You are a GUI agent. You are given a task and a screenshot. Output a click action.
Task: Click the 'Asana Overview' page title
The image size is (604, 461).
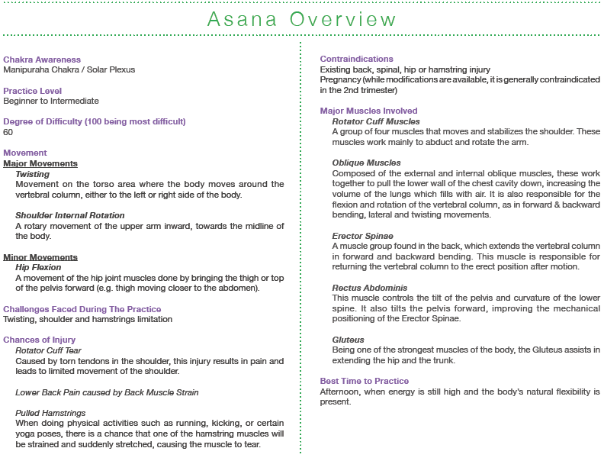pyautogui.click(x=301, y=18)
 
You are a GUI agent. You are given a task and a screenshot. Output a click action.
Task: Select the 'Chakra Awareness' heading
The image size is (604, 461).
pyautogui.click(x=42, y=60)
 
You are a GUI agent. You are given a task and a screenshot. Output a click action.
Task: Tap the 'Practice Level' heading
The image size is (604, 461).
pyautogui.click(x=33, y=91)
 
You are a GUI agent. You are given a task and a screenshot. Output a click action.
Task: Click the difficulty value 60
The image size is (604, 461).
pyautogui.click(x=8, y=132)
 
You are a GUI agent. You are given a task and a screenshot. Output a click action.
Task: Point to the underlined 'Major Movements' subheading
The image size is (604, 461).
pyautogui.click(x=40, y=163)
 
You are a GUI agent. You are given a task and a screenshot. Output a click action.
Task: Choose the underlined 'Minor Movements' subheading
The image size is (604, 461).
pyautogui.click(x=40, y=257)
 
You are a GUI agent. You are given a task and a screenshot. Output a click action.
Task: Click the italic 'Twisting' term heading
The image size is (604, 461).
pyautogui.click(x=32, y=174)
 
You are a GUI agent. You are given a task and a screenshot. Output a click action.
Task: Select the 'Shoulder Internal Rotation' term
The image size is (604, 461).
pyautogui.click(x=69, y=215)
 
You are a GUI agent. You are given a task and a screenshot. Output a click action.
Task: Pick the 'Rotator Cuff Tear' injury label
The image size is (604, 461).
pyautogui.click(x=48, y=350)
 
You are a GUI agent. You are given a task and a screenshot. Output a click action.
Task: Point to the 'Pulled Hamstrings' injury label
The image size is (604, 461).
pyautogui.click(x=50, y=412)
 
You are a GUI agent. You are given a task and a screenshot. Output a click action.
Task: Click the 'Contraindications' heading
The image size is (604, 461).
pyautogui.click(x=357, y=60)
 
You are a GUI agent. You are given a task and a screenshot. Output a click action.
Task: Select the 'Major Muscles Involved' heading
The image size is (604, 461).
pyautogui.click(x=369, y=111)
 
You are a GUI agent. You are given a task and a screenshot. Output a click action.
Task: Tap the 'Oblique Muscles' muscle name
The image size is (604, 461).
pyautogui.click(x=366, y=163)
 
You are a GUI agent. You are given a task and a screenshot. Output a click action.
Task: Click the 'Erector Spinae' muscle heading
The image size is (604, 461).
pyautogui.click(x=363, y=236)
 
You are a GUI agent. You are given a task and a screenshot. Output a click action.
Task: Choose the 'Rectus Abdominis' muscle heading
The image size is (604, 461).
pyautogui.click(x=370, y=288)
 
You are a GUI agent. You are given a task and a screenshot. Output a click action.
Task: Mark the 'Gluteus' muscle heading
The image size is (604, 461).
pyautogui.click(x=349, y=340)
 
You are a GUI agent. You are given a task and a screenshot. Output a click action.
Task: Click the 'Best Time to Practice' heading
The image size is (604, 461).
pyautogui.click(x=365, y=381)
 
